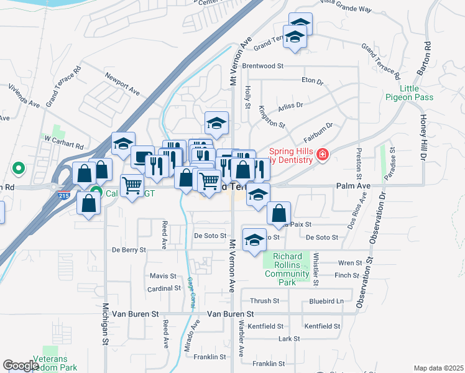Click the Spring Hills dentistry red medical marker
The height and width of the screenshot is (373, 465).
pos(322,155)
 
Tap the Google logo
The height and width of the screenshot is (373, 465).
pos(21,366)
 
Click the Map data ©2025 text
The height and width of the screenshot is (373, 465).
pos(438,368)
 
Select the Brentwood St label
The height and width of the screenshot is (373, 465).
pos(263,65)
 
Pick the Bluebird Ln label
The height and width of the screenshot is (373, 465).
pos(326,301)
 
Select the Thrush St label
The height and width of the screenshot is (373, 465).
pos(265,301)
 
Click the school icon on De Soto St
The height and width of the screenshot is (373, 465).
pos(254,241)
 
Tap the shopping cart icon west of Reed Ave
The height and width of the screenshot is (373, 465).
pos(132,185)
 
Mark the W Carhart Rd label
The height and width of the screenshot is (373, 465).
pos(63,140)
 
